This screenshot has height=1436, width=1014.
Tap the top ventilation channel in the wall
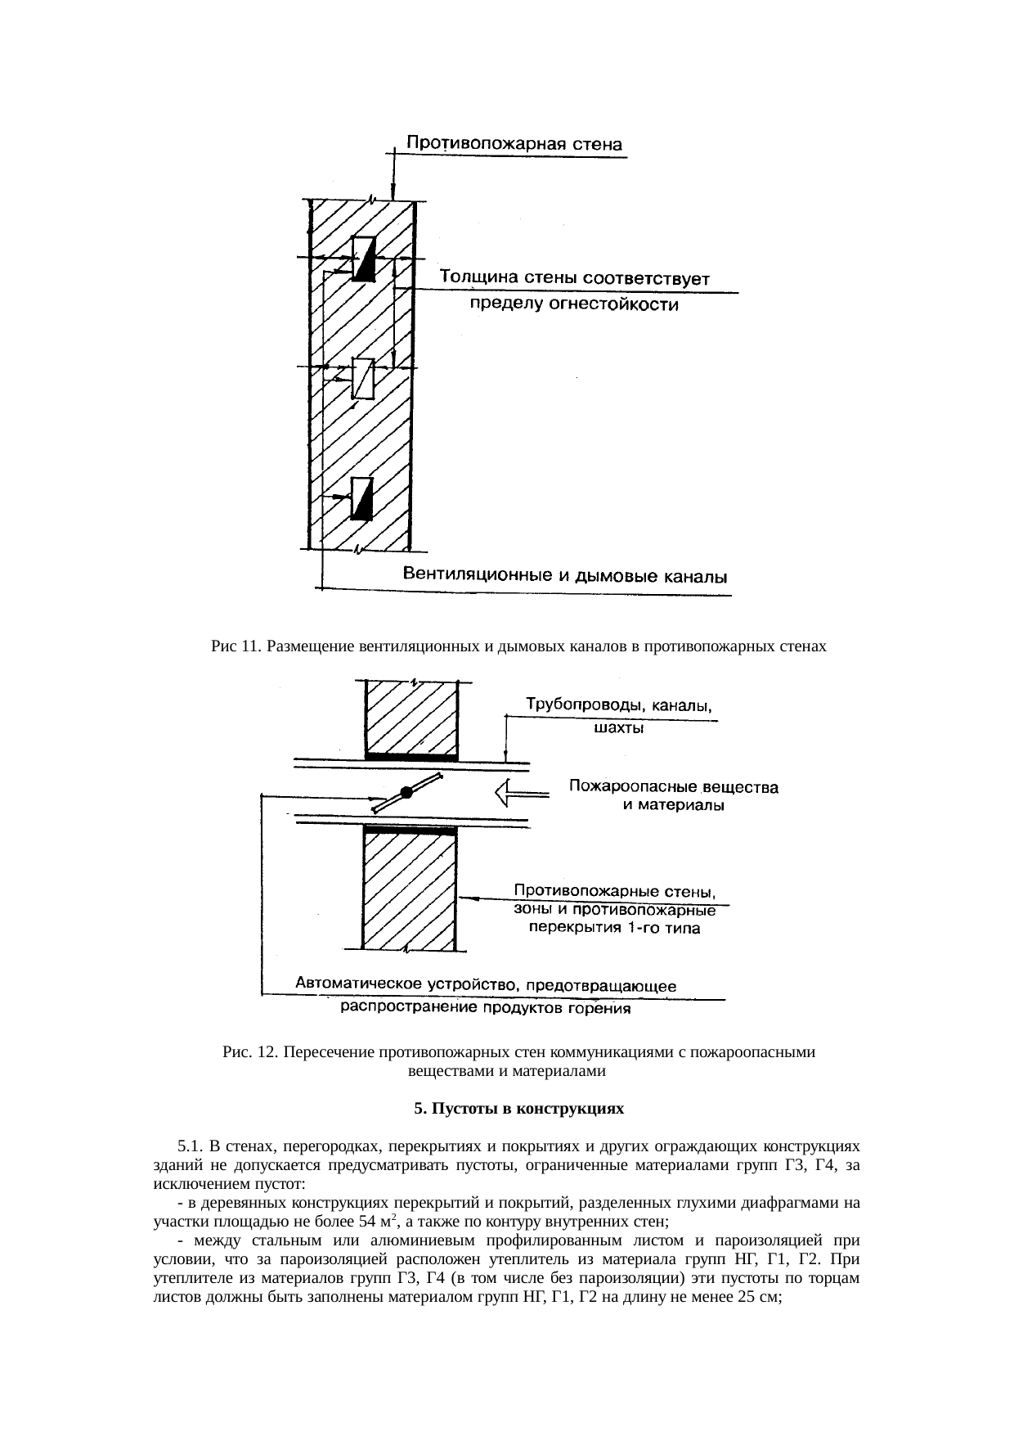point(363,259)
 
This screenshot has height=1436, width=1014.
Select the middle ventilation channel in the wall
point(363,378)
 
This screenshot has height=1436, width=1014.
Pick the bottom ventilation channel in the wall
point(362,498)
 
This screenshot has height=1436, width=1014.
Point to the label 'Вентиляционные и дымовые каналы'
point(567,576)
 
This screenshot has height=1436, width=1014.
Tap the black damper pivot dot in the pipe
point(406,792)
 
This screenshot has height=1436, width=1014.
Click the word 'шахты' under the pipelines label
point(617,727)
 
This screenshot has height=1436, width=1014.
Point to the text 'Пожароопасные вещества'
point(672,788)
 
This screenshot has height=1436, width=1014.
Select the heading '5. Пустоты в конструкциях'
point(518,1110)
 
